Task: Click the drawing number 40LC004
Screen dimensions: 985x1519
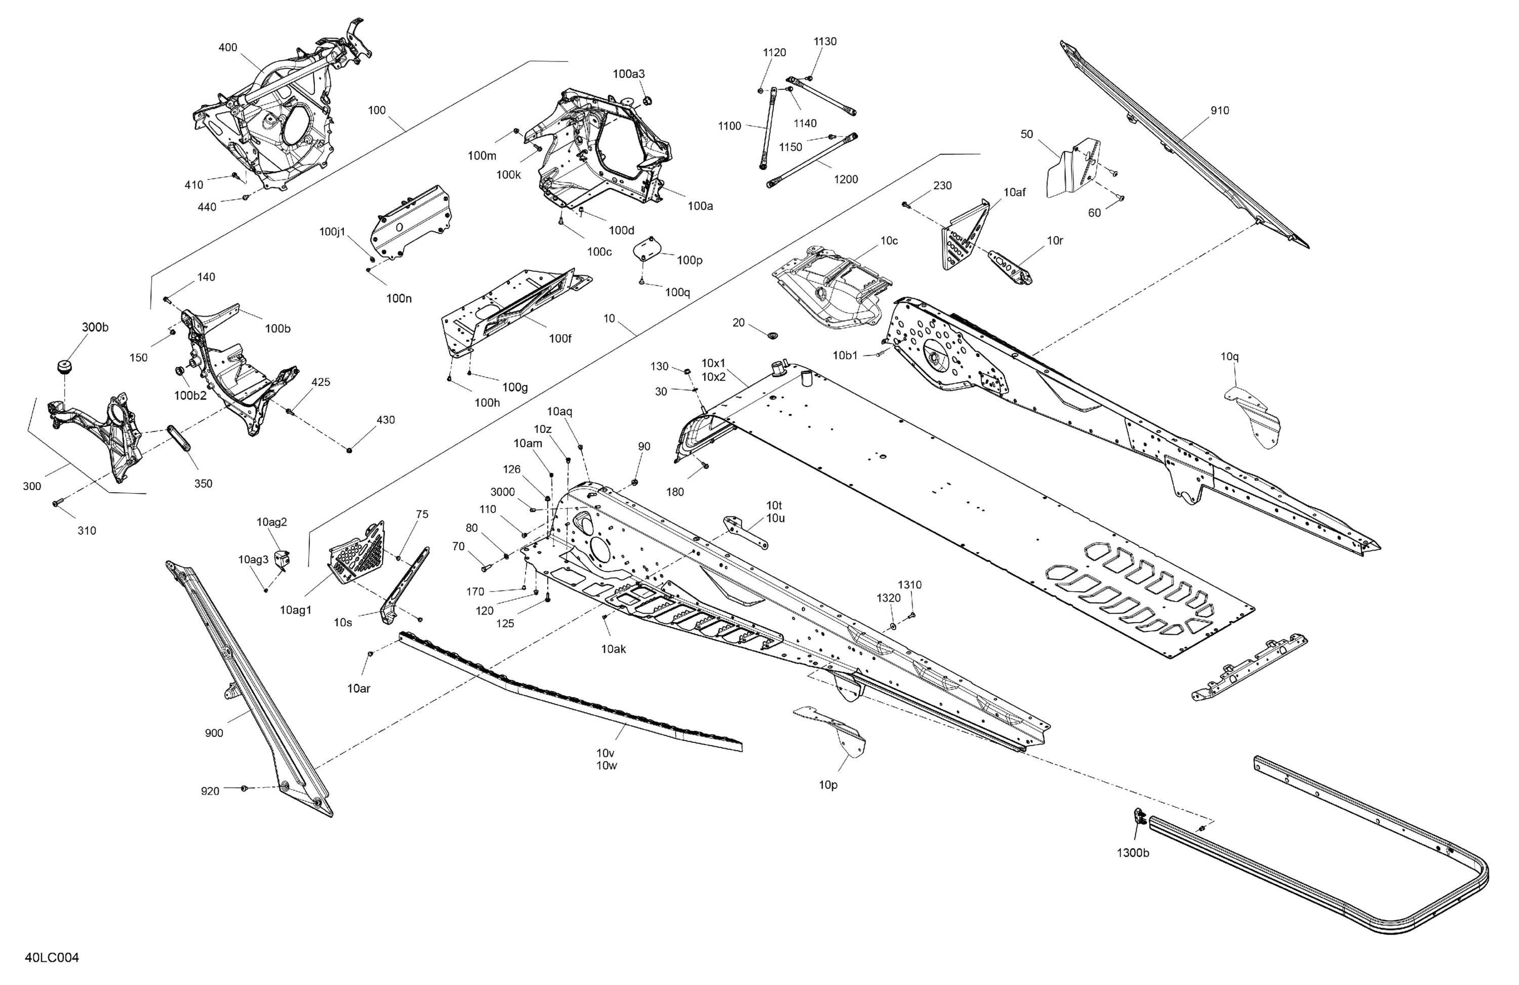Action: [52, 958]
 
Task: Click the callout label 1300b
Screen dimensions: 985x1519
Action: [1133, 853]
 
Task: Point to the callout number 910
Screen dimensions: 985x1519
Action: [1220, 110]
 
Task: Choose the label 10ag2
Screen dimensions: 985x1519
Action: [272, 522]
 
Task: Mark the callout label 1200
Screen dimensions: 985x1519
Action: [846, 179]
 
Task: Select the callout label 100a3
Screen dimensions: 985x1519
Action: [629, 74]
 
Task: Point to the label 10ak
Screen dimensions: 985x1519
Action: [613, 649]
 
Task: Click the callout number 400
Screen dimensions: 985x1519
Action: [228, 47]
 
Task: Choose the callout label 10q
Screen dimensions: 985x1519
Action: [1230, 356]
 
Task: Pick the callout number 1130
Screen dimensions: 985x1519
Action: [825, 42]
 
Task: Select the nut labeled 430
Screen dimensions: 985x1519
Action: [350, 451]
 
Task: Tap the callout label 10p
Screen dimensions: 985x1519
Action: [828, 785]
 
